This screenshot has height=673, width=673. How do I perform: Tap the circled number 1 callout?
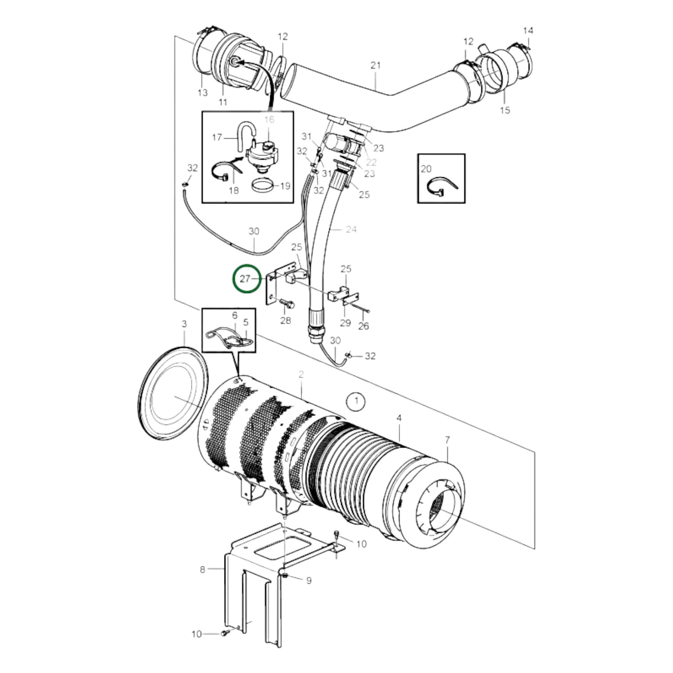[x=356, y=401]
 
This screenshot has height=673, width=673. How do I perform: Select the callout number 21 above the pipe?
[x=375, y=66]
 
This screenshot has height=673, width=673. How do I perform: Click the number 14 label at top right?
[x=528, y=31]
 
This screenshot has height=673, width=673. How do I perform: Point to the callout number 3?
[x=184, y=324]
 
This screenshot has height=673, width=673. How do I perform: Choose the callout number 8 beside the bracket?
[x=203, y=569]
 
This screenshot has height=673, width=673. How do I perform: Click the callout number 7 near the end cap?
[x=447, y=440]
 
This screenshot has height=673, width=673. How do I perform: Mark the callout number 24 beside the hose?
[x=351, y=229]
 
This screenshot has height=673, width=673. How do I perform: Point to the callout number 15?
[x=505, y=110]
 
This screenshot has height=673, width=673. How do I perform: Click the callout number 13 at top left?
[x=202, y=93]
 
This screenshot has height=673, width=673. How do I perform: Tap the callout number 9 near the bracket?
[x=308, y=580]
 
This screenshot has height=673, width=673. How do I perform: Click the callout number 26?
[x=363, y=326]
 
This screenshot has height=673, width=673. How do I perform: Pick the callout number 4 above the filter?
[x=399, y=418]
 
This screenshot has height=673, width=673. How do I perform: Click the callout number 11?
[x=223, y=102]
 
